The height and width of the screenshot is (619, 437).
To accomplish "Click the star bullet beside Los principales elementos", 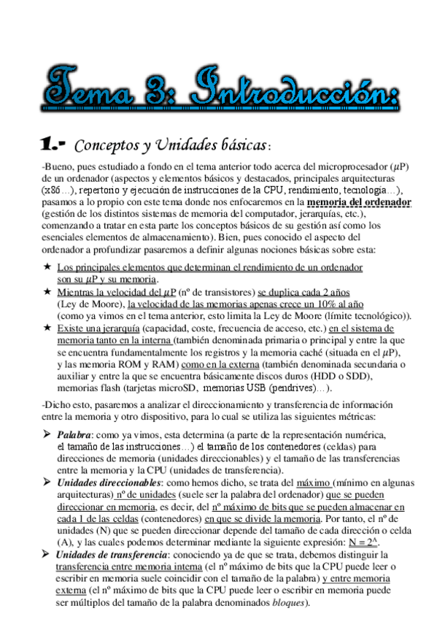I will [x=47, y=268].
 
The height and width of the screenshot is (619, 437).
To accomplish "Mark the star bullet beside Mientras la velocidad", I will [x=47, y=292].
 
